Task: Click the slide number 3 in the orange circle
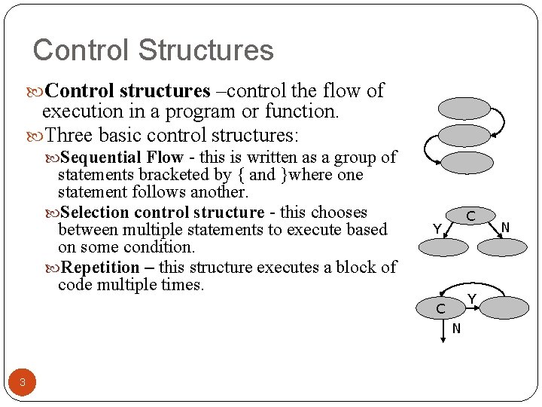click(x=23, y=383)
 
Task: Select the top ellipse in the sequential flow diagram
click(x=464, y=109)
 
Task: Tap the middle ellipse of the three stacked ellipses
click(x=464, y=136)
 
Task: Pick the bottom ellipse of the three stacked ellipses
click(x=464, y=162)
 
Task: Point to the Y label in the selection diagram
click(x=436, y=229)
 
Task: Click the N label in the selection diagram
click(x=505, y=228)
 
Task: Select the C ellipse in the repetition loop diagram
click(x=440, y=308)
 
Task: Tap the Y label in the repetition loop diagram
click(x=472, y=298)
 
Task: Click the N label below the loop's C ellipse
click(x=456, y=329)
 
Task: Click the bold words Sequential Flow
click(x=122, y=158)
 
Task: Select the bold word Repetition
click(x=99, y=268)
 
